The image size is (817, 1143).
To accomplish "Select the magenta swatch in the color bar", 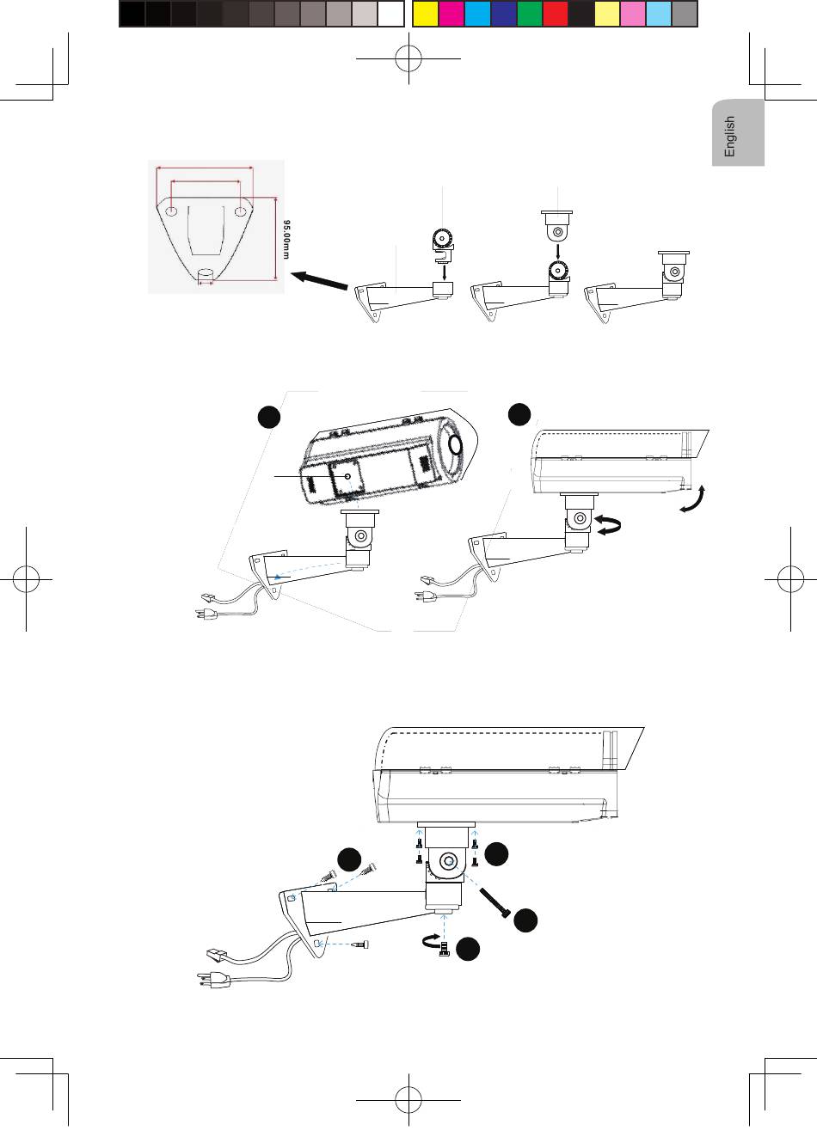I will tap(451, 14).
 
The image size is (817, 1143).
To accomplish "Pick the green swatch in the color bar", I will tap(530, 14).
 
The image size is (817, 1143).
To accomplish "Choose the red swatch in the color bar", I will tap(556, 14).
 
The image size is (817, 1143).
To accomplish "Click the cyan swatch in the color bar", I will tap(477, 14).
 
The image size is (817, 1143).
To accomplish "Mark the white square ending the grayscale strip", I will tap(391, 14).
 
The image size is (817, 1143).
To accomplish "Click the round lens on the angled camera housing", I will tap(454, 444).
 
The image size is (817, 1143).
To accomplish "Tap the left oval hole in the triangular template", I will tap(172, 211).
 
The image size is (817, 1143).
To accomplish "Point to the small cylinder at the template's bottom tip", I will tap(206, 274).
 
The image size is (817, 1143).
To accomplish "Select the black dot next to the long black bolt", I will tap(526, 920).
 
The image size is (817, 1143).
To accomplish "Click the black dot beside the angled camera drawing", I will tap(270, 417).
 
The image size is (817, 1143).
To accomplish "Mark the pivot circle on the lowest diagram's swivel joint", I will tap(447, 861).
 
